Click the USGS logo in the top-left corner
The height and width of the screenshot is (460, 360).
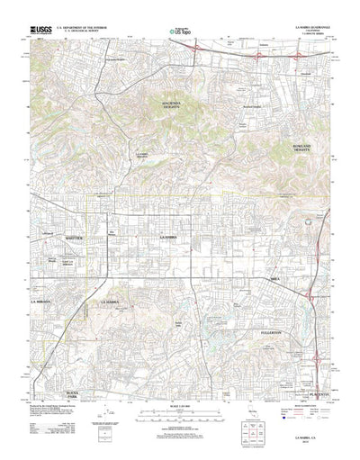click(40, 30)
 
